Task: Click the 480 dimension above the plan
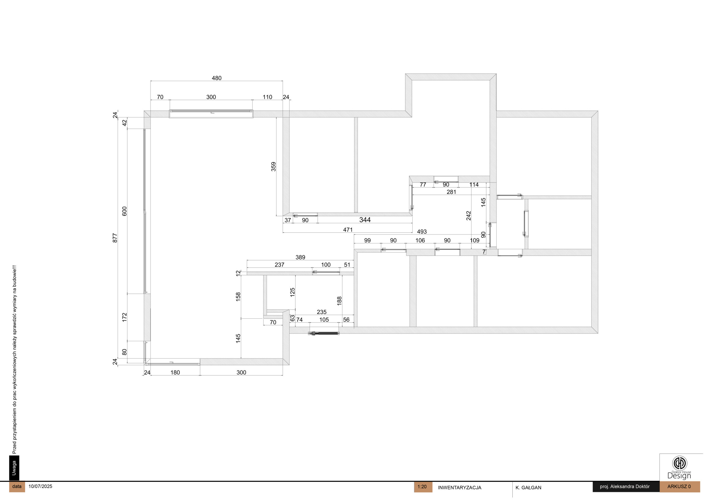(x=216, y=78)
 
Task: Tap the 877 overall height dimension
(x=115, y=238)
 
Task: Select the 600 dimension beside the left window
(x=124, y=211)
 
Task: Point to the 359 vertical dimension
(x=274, y=166)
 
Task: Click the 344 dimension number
(x=365, y=220)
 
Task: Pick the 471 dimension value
(x=348, y=229)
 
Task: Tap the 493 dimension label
(x=422, y=231)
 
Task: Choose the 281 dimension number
(x=451, y=192)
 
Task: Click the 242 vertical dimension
(x=469, y=215)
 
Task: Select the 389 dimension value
(x=300, y=257)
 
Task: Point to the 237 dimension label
(x=279, y=265)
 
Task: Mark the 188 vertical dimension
(x=339, y=301)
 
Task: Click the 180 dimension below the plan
(x=175, y=372)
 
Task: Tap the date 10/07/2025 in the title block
(x=40, y=486)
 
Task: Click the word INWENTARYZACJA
(x=460, y=488)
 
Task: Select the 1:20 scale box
(x=423, y=487)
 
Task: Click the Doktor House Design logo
(x=679, y=467)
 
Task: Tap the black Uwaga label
(x=14, y=468)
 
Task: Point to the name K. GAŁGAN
(x=528, y=488)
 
